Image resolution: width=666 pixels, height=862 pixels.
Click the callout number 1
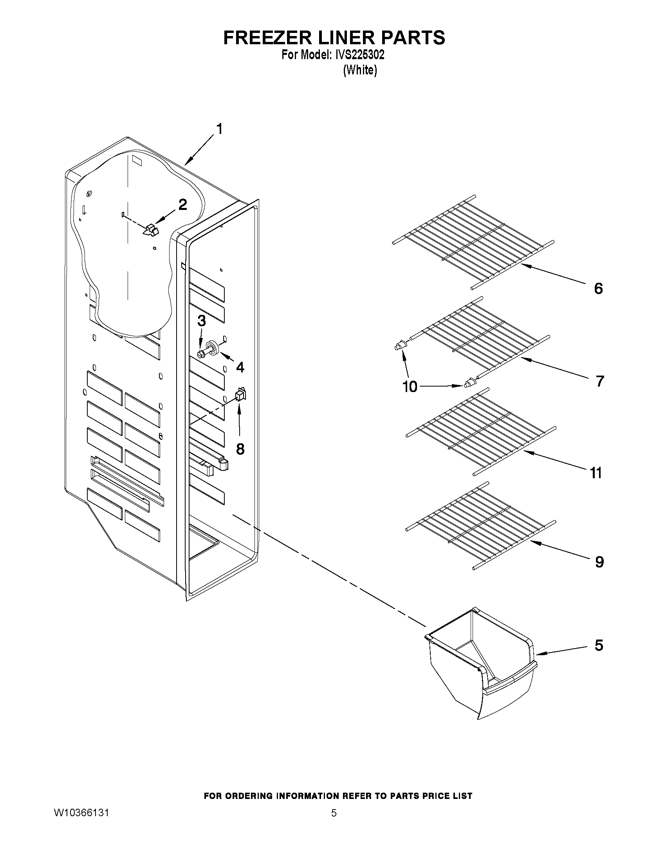[x=219, y=129]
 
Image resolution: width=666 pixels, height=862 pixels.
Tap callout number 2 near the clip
[x=182, y=205]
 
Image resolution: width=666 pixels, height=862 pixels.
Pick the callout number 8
[x=240, y=448]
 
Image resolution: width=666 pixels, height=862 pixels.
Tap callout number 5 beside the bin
[x=599, y=645]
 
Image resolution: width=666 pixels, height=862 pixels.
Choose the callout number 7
[x=599, y=381]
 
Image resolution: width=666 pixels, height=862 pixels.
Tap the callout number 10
[x=410, y=387]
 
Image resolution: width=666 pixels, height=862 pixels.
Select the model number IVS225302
[x=359, y=55]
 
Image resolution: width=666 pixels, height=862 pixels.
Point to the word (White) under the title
[x=360, y=70]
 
